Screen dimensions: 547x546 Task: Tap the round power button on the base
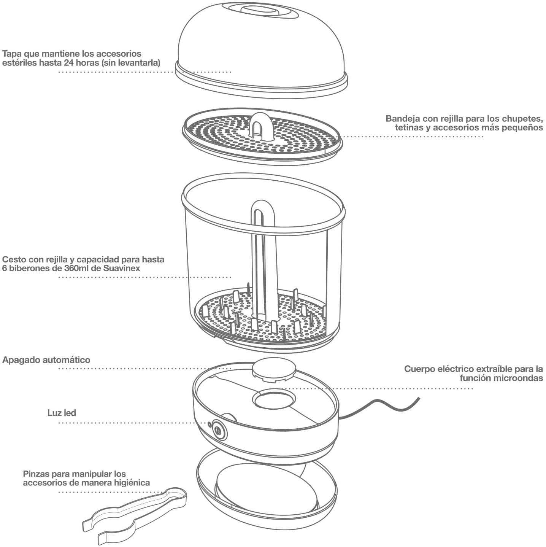click(218, 430)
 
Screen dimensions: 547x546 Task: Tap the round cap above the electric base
click(274, 369)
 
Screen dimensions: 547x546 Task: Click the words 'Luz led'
click(62, 413)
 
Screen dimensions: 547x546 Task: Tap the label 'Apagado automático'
click(46, 360)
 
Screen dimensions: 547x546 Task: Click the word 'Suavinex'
click(122, 268)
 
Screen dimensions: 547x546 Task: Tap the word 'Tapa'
click(11, 54)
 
